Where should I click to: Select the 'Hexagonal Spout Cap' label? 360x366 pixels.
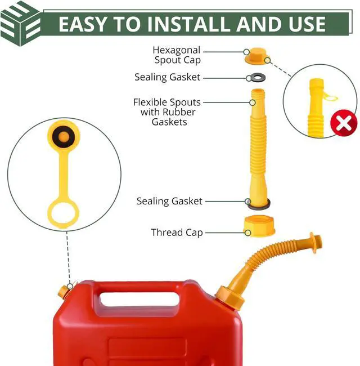click(177, 55)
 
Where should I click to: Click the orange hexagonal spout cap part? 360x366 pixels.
click(256, 56)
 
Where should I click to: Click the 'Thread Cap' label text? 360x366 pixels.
click(177, 232)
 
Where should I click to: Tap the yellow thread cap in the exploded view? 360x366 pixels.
click(258, 226)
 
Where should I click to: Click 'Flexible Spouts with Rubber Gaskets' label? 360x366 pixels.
click(167, 111)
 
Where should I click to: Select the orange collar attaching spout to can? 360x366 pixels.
click(232, 297)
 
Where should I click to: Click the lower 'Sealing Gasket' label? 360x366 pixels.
click(169, 201)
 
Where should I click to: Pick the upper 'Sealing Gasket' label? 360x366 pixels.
click(167, 77)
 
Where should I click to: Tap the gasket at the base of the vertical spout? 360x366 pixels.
click(258, 203)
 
